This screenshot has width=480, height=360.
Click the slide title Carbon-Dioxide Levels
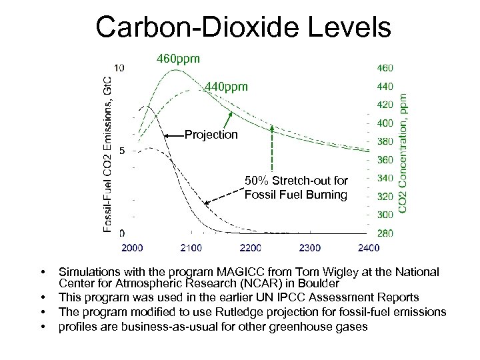243,27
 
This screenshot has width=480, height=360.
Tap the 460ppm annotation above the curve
177,59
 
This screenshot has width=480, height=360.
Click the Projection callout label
211,135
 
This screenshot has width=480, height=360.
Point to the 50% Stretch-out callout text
295,187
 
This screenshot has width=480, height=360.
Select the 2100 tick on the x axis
191,248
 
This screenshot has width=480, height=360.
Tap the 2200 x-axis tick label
250,248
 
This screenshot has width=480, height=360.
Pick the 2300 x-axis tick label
309,248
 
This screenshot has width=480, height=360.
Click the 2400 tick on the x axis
368,248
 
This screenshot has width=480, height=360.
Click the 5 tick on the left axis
121,151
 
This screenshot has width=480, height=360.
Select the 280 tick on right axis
385,233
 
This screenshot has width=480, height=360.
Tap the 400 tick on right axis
385,123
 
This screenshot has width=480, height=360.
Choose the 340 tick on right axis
385,178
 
